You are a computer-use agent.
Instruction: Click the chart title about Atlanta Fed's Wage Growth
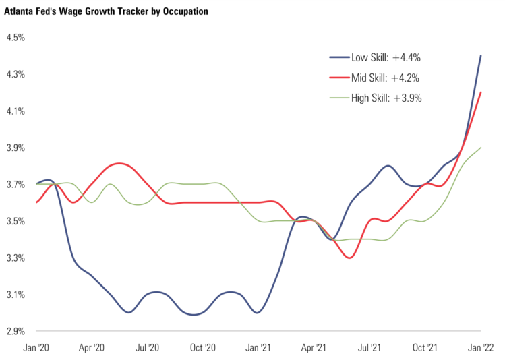tap(106, 11)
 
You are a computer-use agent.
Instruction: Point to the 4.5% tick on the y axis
tap(16, 38)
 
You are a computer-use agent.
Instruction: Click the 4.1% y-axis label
tap(16, 111)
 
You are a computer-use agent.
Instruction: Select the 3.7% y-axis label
tap(16, 185)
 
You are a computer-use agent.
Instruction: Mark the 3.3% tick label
tap(16, 258)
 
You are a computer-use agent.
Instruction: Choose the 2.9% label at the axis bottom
tap(16, 332)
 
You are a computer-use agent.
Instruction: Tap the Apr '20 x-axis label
tap(92, 347)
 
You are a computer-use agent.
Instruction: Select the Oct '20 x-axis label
tap(203, 347)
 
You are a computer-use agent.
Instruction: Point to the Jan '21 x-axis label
tap(259, 347)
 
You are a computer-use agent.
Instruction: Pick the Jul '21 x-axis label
tap(369, 347)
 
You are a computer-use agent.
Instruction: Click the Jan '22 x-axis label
tap(481, 347)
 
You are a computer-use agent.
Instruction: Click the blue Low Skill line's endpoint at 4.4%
tap(480, 56)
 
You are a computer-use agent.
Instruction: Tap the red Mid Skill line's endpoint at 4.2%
tap(480, 93)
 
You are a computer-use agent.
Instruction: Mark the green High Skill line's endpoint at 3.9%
tap(480, 148)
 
